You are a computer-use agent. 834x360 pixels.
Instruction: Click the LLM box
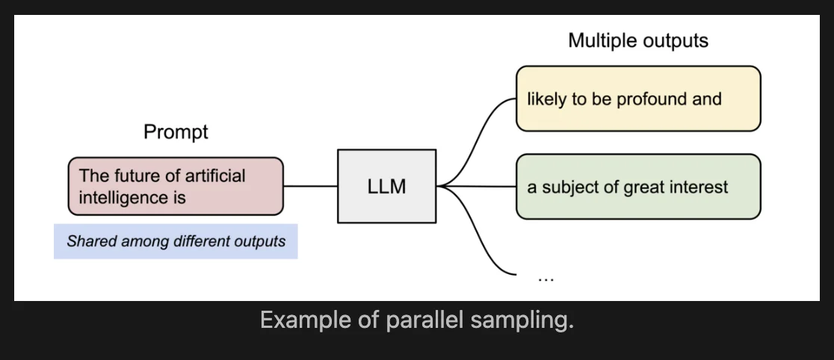pos(386,186)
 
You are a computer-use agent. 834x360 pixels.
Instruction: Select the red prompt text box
pos(176,186)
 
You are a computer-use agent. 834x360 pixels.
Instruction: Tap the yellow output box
pos(637,99)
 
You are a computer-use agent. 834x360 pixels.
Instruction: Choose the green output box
pos(637,186)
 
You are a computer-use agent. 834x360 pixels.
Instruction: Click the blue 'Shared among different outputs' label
pos(176,241)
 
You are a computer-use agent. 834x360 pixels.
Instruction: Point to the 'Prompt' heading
pos(176,133)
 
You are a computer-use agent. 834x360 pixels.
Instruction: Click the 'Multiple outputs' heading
pos(637,40)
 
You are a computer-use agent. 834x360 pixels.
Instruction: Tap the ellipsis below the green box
pos(546,277)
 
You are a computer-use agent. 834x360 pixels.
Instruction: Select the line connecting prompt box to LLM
pos(310,186)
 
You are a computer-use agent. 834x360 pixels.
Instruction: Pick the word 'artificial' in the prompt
pos(216,176)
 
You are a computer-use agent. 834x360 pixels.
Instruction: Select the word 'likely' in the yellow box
pos(546,99)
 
